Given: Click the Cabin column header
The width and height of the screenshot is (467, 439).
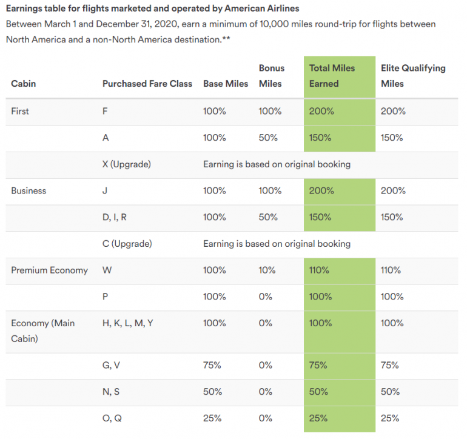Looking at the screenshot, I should click(x=24, y=83).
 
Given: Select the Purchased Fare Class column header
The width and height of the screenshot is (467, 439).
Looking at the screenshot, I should click(x=147, y=83).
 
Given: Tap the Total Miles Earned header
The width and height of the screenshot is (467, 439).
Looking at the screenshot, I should click(x=332, y=76).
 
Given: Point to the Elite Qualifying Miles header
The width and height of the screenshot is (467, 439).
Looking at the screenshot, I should click(x=413, y=76).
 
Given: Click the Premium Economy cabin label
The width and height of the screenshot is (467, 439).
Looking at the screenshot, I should click(x=50, y=270).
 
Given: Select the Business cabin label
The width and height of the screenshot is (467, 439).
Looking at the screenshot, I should click(x=29, y=190).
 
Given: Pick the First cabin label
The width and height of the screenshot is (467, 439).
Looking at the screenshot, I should click(x=20, y=111).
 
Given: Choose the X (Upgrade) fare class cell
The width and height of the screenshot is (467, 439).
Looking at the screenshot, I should click(x=127, y=164).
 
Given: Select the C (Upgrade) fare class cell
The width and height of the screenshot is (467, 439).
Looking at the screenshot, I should click(x=127, y=244).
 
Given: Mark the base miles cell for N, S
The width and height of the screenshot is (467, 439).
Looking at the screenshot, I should click(x=213, y=392).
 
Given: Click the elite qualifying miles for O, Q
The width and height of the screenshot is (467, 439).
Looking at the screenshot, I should click(x=390, y=418).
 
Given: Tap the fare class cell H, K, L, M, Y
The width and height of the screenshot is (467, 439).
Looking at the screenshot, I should click(x=128, y=323).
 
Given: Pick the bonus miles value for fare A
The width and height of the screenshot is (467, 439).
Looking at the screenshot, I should click(x=268, y=138).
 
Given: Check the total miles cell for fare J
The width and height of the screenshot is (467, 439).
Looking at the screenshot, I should click(x=321, y=190).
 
